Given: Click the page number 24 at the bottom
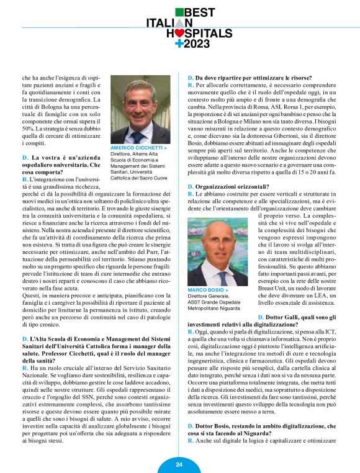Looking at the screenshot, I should click(x=179, y=464).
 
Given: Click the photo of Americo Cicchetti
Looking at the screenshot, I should click(x=140, y=112).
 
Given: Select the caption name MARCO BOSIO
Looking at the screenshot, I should click(x=207, y=290).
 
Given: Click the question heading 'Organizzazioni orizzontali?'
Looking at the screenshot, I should click(x=229, y=186).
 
